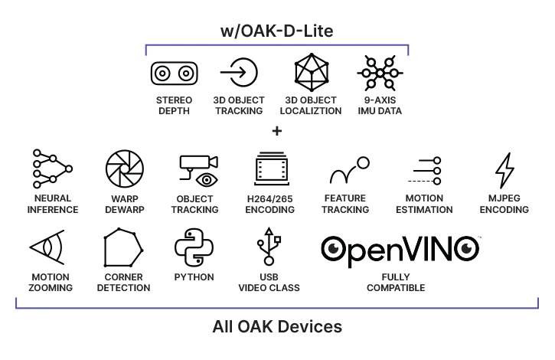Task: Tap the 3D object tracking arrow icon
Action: (x=238, y=74)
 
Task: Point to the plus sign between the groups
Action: (x=277, y=131)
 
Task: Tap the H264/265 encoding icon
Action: (x=273, y=170)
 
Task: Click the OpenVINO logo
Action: (x=400, y=248)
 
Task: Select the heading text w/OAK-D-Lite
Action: (x=278, y=31)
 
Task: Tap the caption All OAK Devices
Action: (x=277, y=327)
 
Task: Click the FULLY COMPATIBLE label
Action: (x=396, y=282)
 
